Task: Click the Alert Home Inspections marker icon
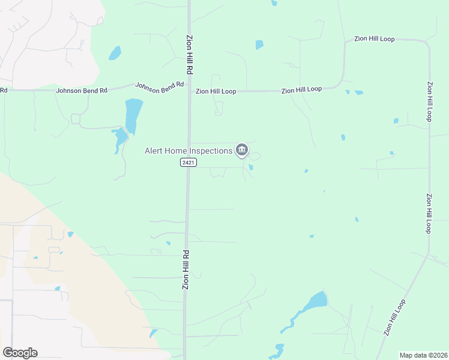click(241, 149)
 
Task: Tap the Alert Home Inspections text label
click(188, 151)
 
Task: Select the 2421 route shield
click(188, 163)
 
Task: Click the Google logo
click(20, 353)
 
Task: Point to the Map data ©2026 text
click(423, 355)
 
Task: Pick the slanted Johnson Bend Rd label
click(159, 88)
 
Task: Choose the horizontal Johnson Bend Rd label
click(82, 91)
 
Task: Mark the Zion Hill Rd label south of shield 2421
click(186, 270)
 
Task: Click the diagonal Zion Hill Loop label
click(396, 316)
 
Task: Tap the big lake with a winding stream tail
click(315, 301)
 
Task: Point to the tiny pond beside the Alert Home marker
click(251, 167)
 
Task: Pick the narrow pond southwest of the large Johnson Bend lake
click(120, 138)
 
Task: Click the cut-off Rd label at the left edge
click(4, 91)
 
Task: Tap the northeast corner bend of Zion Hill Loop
click(425, 44)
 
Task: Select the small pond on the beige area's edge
click(70, 234)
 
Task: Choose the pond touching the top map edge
click(274, 2)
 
